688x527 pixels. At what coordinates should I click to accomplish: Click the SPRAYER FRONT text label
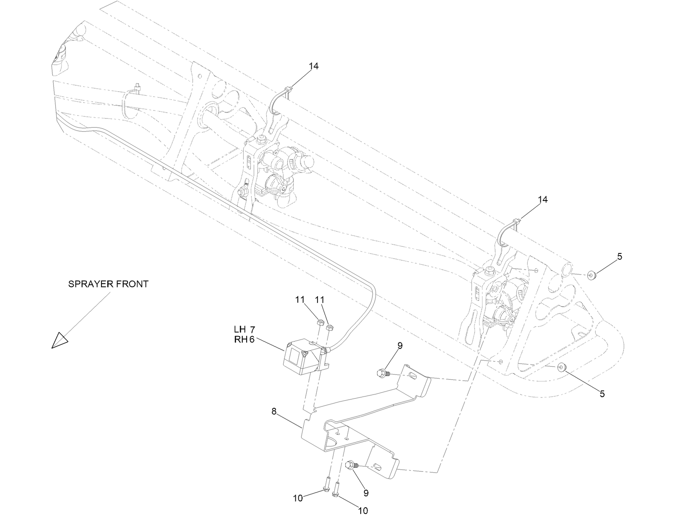point(108,284)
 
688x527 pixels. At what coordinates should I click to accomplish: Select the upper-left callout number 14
point(314,66)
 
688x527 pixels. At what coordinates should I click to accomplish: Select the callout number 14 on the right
point(542,200)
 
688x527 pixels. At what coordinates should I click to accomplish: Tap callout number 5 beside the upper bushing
point(620,256)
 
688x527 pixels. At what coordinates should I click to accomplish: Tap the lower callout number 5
point(602,394)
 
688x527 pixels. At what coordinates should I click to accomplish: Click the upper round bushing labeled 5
point(592,276)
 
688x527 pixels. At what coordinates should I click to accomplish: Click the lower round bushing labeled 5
point(562,368)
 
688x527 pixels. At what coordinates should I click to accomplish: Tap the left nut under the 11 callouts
point(319,322)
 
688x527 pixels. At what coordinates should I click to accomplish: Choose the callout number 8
point(274,412)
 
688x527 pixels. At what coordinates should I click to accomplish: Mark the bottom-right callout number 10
point(363,511)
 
